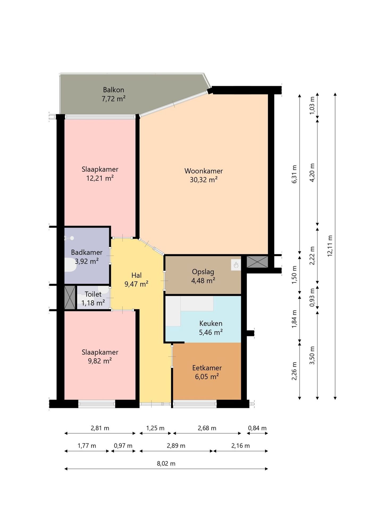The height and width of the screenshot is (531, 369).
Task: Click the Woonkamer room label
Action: (x=204, y=171)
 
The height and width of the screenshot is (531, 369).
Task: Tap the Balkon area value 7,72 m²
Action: (x=114, y=99)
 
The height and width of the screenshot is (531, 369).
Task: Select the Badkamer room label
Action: (x=87, y=252)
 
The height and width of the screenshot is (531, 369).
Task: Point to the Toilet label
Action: (x=93, y=294)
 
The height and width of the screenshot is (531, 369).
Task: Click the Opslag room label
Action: (x=203, y=272)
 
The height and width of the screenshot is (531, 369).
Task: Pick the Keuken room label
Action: (x=211, y=323)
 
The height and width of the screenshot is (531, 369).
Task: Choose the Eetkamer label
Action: (x=207, y=368)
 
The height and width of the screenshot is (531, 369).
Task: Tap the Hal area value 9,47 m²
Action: (x=136, y=284)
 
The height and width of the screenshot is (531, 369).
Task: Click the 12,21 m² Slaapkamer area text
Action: (x=100, y=178)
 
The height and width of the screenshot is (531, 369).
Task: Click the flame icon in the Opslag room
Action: (x=236, y=265)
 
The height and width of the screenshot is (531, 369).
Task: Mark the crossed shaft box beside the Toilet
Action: (x=70, y=297)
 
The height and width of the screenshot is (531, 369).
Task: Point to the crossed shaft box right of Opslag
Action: (x=257, y=262)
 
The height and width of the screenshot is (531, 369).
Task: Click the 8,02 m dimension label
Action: (x=166, y=464)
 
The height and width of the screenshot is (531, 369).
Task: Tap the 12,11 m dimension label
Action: (x=330, y=246)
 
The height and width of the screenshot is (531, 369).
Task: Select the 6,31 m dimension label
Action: (x=294, y=174)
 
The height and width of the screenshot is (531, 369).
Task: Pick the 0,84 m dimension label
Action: (x=257, y=428)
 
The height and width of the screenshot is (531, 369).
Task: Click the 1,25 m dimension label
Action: (x=155, y=428)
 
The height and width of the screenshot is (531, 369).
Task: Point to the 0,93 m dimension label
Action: (x=312, y=297)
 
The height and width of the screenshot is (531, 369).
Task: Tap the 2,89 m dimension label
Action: (x=176, y=446)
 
